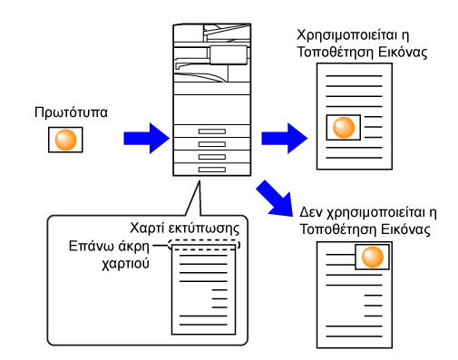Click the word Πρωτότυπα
71,112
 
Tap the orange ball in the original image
65,140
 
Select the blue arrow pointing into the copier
147,139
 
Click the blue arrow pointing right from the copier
285,139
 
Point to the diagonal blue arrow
275,199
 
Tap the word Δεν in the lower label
311,212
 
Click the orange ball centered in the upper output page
344,128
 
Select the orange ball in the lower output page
373,257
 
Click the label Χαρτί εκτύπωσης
185,229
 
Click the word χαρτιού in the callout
125,264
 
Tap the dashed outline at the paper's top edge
204,245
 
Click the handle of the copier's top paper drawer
212,131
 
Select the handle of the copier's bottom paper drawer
212,170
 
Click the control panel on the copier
229,55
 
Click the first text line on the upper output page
354,76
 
